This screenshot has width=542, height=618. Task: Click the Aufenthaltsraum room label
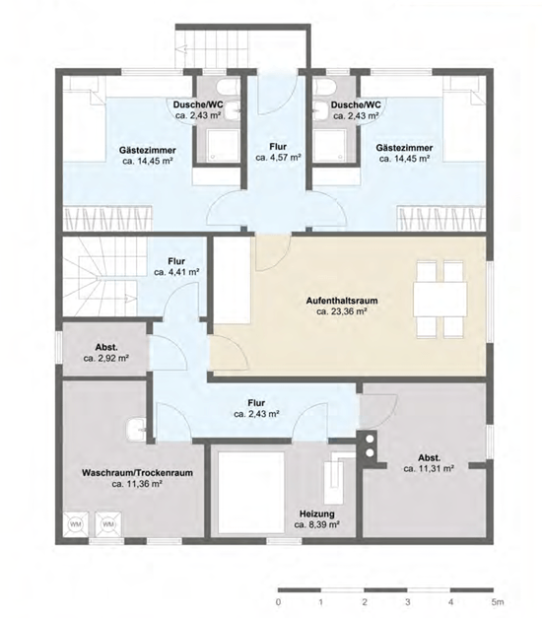[342, 301]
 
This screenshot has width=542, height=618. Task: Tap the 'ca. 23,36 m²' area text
[342, 311]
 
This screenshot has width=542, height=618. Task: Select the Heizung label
[317, 514]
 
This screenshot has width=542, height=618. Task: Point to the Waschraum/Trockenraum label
[137, 472]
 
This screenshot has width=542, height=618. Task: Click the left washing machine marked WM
[75, 524]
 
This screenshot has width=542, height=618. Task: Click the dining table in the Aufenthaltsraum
[440, 300]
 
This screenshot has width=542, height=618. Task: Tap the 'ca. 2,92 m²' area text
[106, 359]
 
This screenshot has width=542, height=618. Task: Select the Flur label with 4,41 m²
[176, 261]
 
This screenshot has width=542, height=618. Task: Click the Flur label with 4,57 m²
[278, 147]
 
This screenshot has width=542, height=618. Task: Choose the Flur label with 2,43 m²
[256, 403]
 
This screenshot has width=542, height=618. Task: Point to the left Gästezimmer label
[148, 151]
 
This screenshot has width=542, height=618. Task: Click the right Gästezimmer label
[404, 148]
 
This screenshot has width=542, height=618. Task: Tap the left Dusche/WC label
[198, 104]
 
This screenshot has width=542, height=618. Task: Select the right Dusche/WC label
[356, 104]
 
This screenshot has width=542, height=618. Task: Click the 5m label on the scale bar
[498, 602]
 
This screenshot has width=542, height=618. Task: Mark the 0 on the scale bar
[279, 602]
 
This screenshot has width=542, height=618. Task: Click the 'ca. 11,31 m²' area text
[429, 469]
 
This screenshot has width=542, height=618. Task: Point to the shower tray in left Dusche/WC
[223, 145]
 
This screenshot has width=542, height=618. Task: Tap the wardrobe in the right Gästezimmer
[441, 218]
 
